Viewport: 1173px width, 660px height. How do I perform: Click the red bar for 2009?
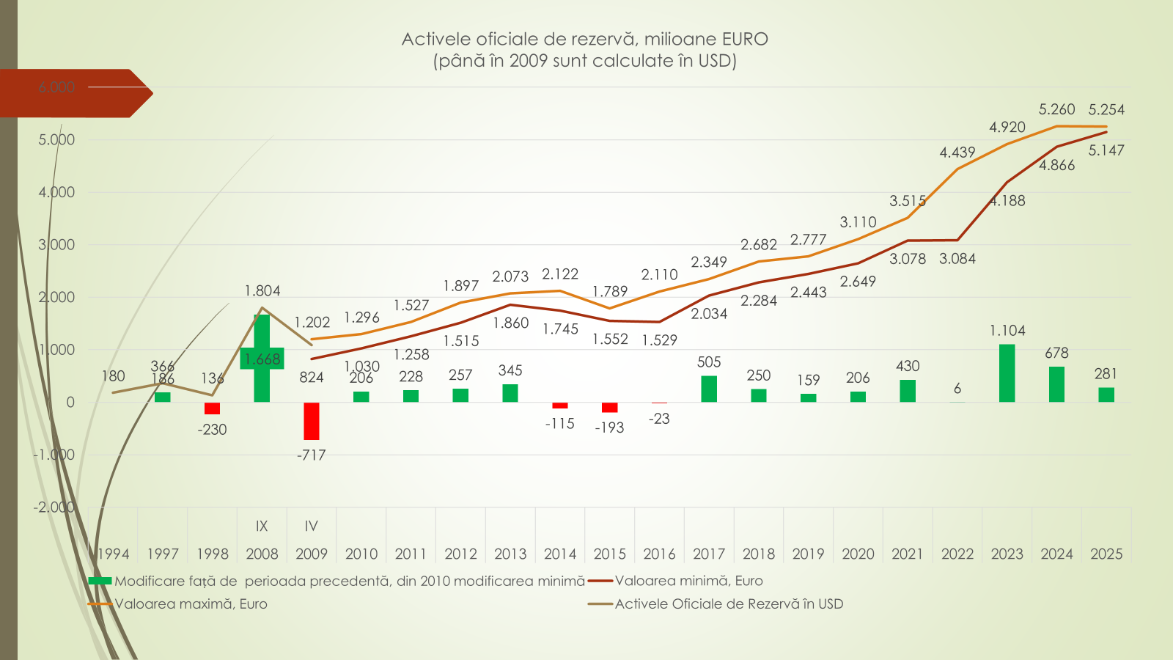(312, 421)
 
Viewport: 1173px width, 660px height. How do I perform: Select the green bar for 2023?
(1007, 373)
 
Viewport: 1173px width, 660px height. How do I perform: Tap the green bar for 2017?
(709, 389)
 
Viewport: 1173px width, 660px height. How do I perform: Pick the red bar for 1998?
(213, 408)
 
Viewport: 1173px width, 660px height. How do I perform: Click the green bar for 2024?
(1056, 384)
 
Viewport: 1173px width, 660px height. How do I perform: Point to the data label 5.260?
(1056, 110)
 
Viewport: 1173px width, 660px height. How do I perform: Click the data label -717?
(312, 455)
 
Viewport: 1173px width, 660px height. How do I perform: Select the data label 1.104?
(1007, 331)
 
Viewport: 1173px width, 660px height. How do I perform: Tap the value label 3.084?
(957, 259)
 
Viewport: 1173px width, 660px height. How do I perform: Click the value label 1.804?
(262, 291)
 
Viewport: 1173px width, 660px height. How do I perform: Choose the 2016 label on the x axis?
(659, 554)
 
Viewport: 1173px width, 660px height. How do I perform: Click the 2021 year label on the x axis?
(908, 554)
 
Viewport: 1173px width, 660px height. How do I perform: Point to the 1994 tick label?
(114, 554)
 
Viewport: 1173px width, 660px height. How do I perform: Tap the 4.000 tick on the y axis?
(56, 193)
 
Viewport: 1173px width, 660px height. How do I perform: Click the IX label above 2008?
(262, 527)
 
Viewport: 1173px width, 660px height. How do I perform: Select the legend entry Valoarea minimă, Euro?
(688, 581)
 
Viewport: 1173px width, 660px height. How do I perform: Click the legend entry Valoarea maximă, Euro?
(191, 604)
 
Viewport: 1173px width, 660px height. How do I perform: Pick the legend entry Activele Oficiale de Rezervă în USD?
(729, 604)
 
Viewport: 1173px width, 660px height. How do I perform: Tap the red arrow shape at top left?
(73, 93)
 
